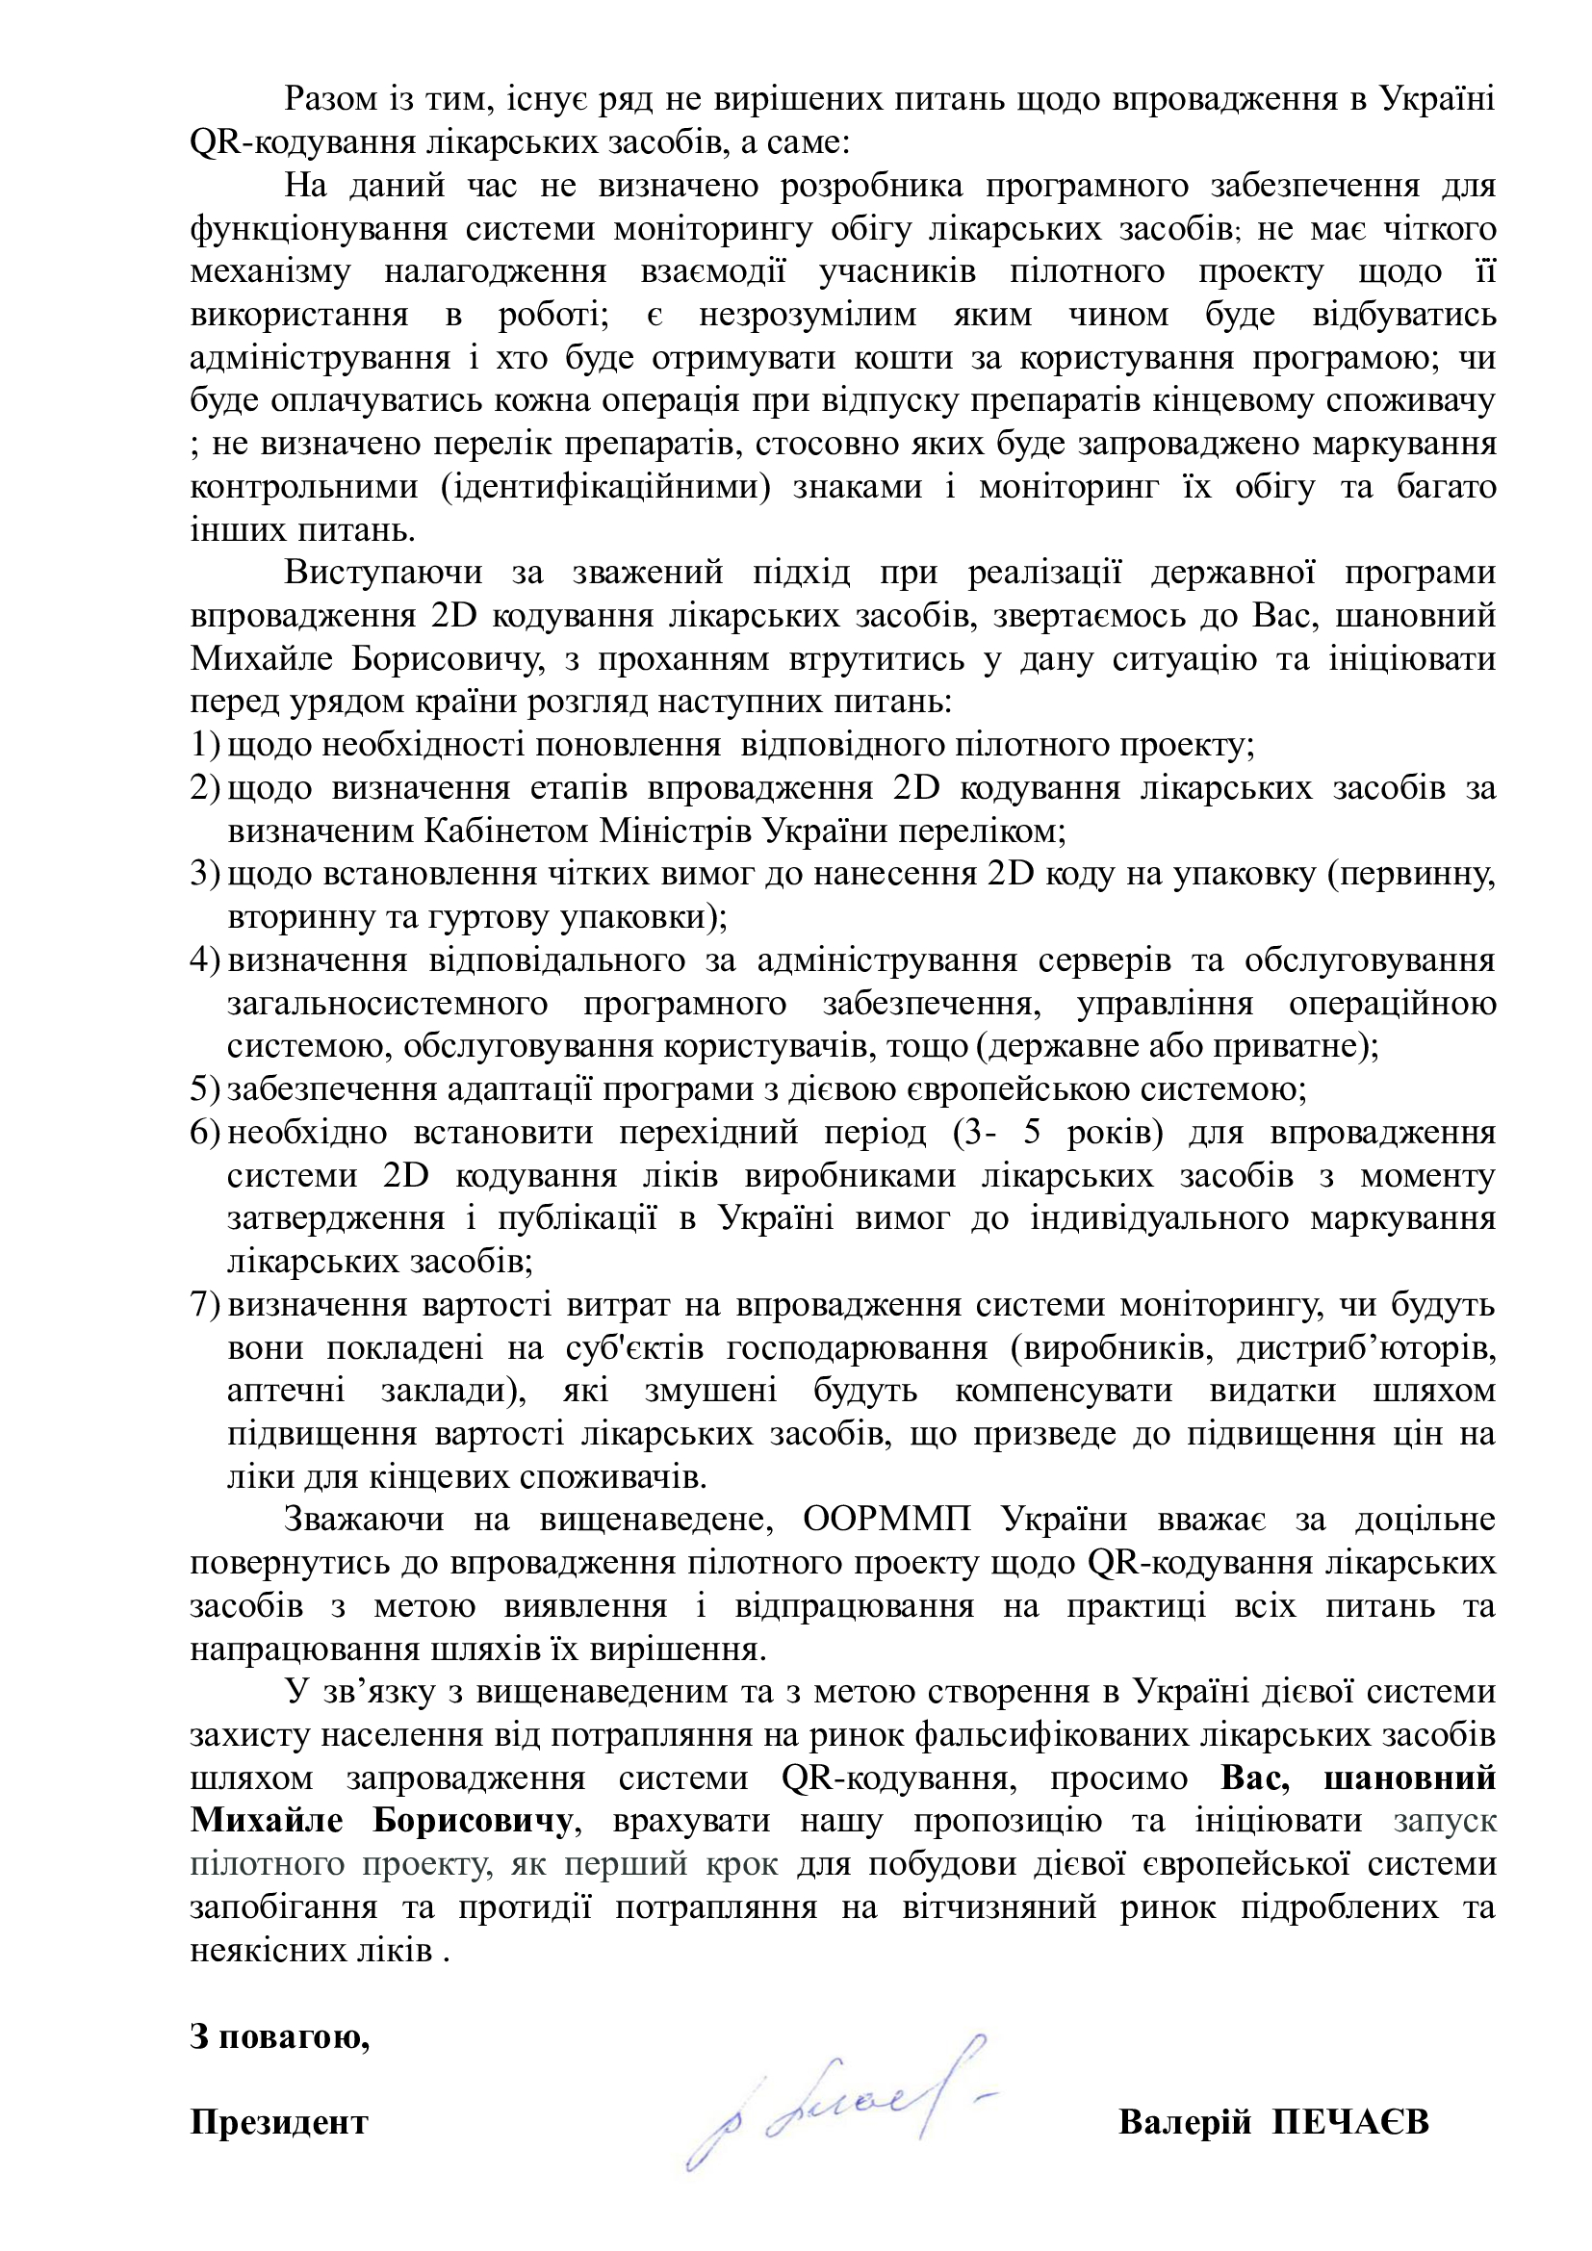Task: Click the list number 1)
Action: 205,745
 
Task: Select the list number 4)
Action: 205,959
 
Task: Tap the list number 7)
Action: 205,1305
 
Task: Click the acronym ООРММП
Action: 886,1520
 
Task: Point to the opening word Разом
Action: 328,99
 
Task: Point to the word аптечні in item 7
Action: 285,1392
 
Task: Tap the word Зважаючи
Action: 363,1520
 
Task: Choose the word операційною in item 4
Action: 1392,1003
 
